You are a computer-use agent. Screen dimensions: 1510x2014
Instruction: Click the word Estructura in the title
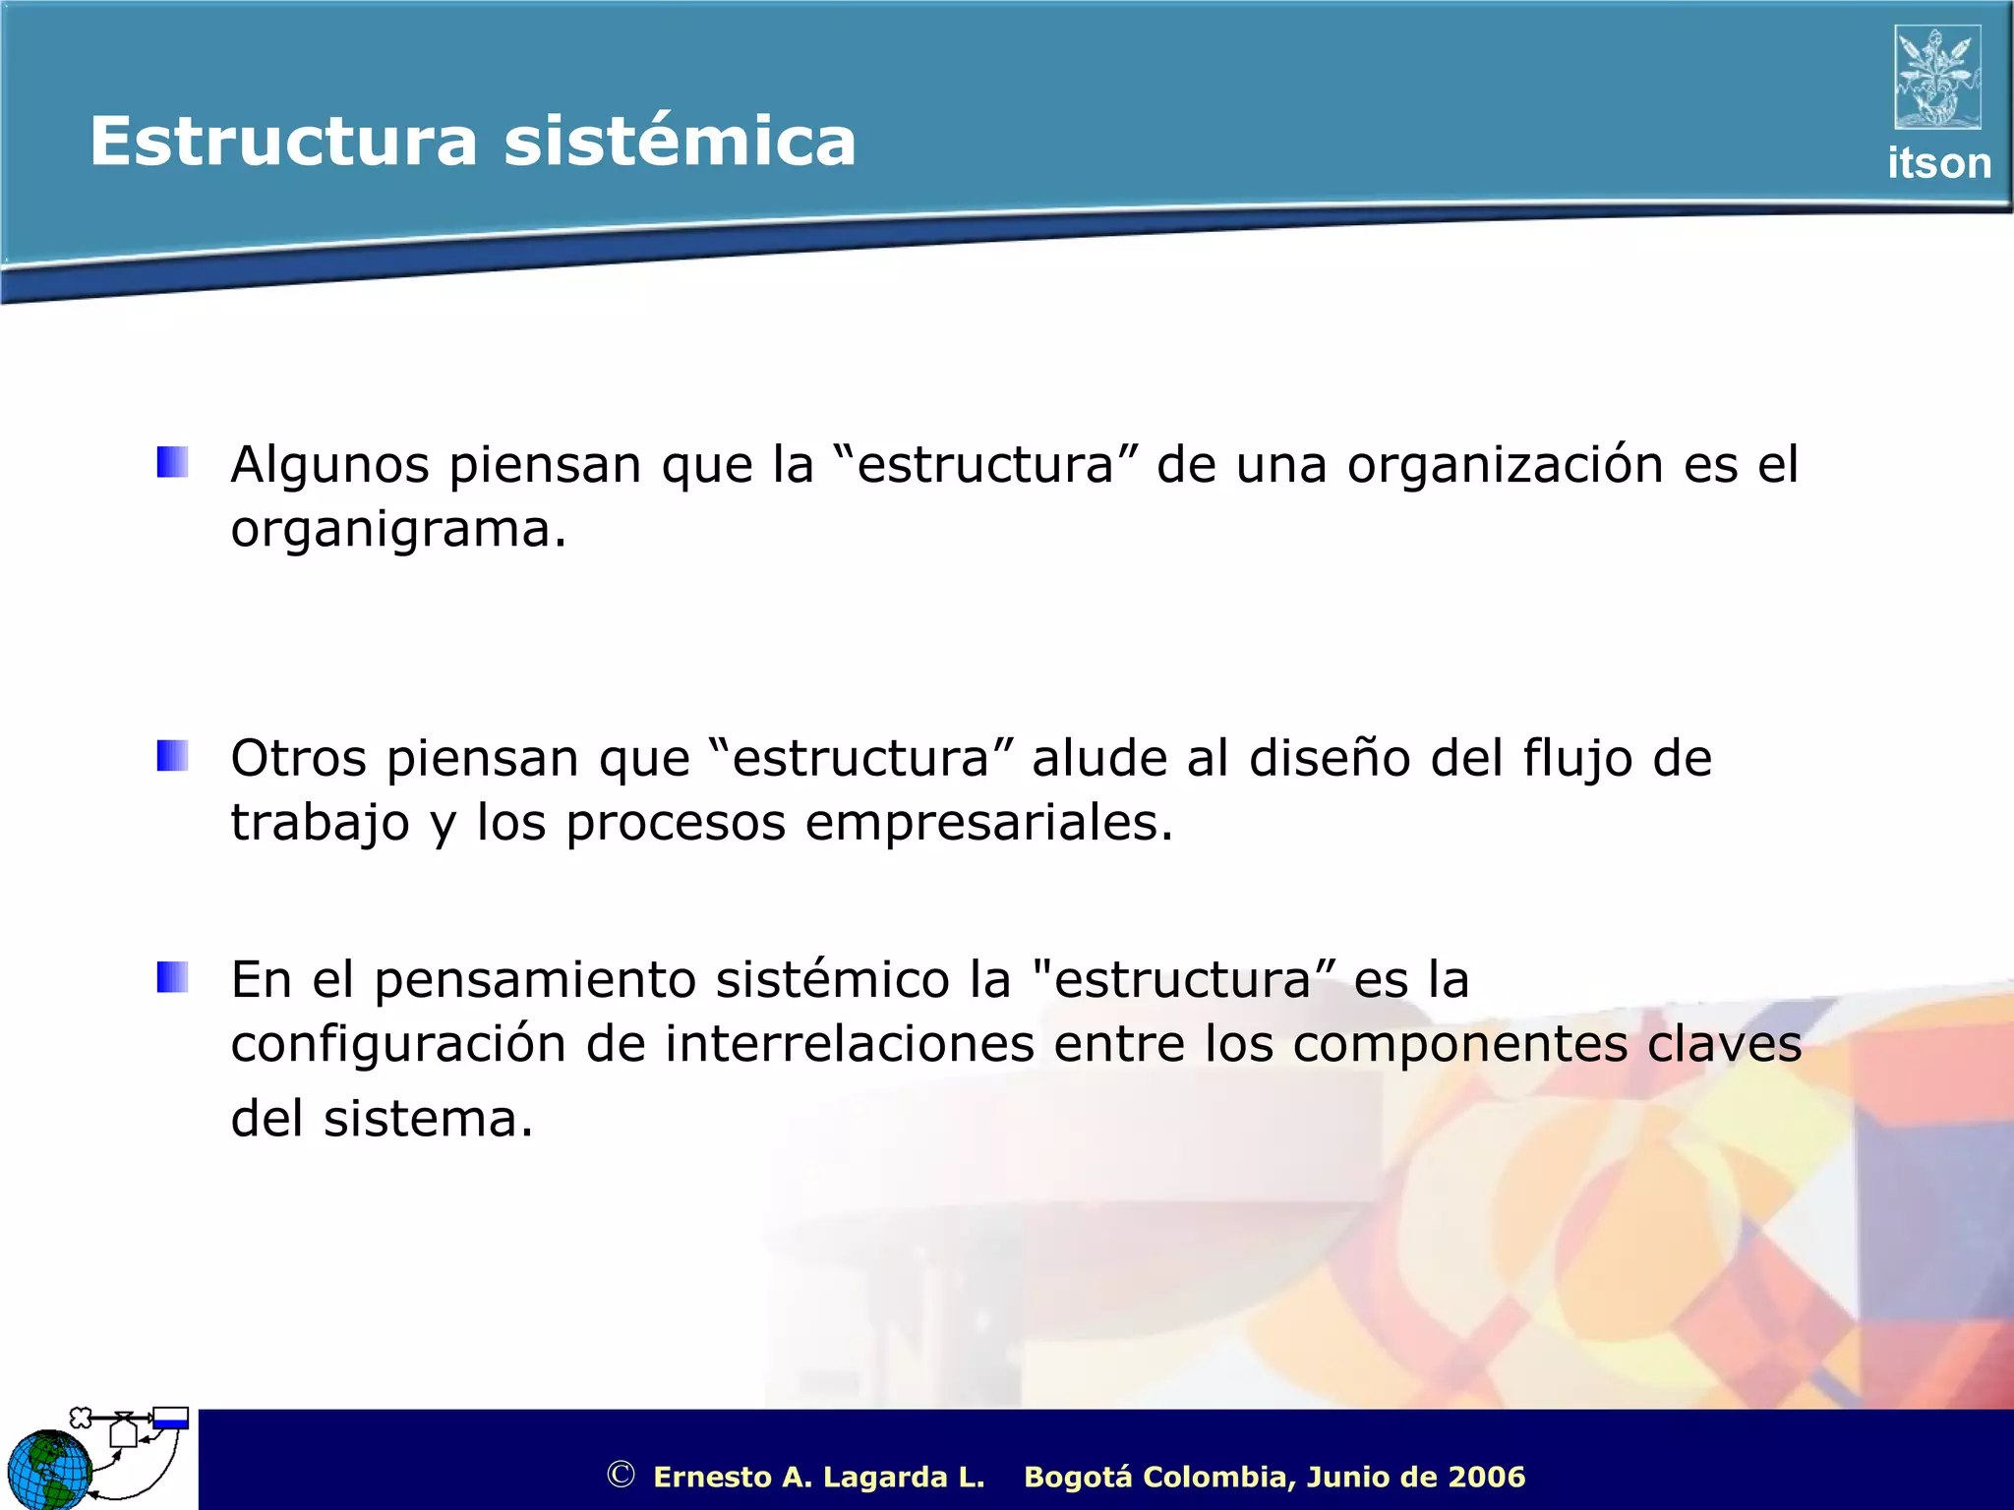[x=283, y=142]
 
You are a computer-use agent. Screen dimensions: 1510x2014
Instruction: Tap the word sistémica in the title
[x=680, y=142]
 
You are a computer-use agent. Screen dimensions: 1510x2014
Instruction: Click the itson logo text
[x=1938, y=163]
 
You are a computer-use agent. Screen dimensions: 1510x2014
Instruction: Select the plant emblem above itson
[x=1937, y=78]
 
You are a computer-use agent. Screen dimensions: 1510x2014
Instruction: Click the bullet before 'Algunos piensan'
[x=172, y=462]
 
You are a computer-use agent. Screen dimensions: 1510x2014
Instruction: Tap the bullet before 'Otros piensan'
[x=172, y=756]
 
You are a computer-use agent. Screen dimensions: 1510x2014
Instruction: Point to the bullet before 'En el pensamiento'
[x=172, y=977]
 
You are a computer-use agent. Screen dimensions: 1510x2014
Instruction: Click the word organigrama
[x=398, y=530]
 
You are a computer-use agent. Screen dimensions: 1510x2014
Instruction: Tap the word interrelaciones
[x=849, y=1043]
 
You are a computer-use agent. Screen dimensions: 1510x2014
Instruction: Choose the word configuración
[x=398, y=1045]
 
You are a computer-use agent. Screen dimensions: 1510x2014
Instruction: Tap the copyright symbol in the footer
[x=621, y=1475]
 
